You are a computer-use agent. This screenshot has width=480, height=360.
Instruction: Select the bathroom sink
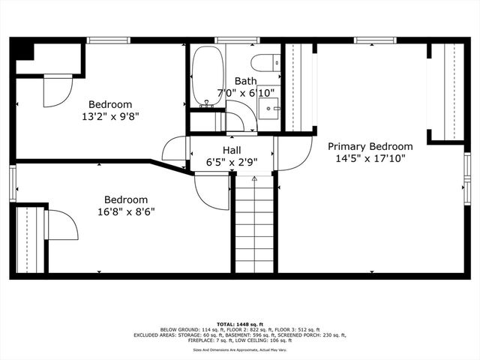pos(268,109)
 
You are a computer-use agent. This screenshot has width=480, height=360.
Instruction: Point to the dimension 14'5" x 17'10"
pos(370,159)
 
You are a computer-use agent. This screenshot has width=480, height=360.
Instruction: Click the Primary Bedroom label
pos(370,146)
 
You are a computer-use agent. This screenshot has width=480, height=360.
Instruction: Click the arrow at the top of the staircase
pos(254,179)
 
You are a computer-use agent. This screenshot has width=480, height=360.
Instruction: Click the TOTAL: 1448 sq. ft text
pos(240,323)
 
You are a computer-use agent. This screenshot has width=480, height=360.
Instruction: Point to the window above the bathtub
pos(226,40)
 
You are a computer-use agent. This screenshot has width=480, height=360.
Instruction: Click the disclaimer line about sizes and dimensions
pos(240,349)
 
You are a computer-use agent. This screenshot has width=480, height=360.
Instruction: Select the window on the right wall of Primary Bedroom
pos(467,179)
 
